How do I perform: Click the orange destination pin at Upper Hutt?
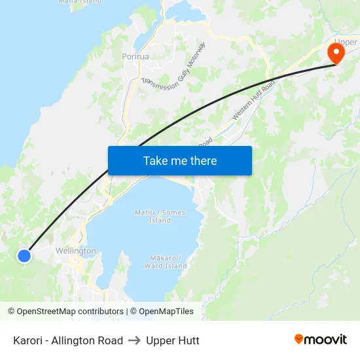(x=336, y=52)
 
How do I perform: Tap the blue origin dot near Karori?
(x=24, y=256)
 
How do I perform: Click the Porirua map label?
(x=135, y=56)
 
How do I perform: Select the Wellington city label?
(x=75, y=251)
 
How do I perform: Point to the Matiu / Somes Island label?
(x=160, y=216)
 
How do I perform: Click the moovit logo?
(x=321, y=340)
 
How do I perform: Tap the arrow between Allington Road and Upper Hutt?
(x=134, y=340)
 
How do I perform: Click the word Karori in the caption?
(x=28, y=340)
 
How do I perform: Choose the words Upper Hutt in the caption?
(x=173, y=340)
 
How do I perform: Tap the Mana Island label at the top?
(x=80, y=2)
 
